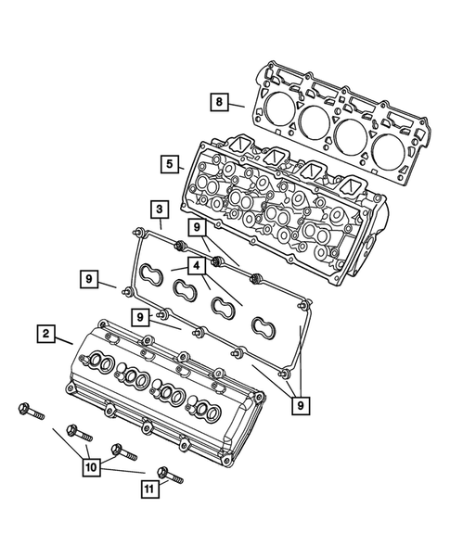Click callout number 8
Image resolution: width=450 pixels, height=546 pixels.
[217, 103]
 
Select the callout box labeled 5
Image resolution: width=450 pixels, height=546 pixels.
[168, 164]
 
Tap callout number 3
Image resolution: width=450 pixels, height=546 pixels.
[159, 210]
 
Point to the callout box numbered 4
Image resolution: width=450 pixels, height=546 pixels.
[197, 266]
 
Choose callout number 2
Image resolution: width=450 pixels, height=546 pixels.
[45, 333]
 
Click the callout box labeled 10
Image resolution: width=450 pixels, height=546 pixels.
[90, 469]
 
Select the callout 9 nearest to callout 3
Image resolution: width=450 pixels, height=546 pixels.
[197, 226]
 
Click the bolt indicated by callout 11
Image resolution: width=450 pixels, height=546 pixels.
[171, 476]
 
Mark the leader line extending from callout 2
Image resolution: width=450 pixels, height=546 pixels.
[63, 339]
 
